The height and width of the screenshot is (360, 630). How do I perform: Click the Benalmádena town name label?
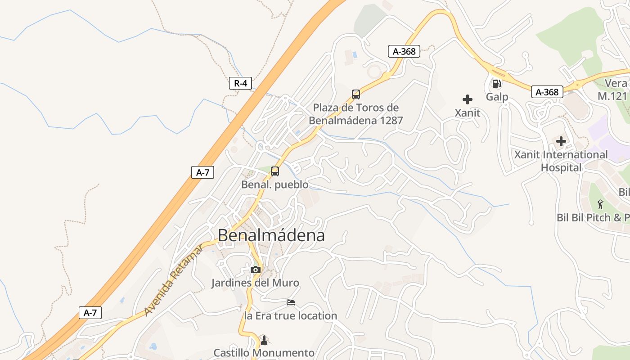[271, 235]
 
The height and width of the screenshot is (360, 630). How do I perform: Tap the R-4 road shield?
[240, 83]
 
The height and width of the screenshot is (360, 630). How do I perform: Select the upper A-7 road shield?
[202, 172]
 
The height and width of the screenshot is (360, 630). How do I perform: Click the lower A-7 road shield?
[90, 313]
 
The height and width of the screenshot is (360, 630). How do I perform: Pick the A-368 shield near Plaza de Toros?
[404, 51]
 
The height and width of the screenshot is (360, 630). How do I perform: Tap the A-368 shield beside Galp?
[547, 92]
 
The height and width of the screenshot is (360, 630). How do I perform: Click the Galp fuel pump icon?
[497, 84]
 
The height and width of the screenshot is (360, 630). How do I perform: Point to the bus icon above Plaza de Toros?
[356, 94]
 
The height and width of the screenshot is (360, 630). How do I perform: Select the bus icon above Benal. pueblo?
[275, 171]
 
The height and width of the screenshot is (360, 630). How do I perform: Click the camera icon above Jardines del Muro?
[256, 270]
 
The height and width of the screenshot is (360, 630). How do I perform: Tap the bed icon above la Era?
[291, 302]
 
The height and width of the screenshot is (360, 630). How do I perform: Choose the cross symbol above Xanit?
[468, 99]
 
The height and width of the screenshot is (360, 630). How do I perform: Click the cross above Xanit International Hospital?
[561, 142]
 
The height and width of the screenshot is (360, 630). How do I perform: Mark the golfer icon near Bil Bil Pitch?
[600, 204]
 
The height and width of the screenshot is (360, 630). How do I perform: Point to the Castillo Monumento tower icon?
[264, 339]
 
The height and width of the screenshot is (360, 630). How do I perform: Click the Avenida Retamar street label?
[174, 280]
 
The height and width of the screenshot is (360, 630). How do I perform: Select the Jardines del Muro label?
[255, 283]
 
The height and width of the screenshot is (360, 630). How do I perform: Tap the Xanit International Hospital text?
[561, 161]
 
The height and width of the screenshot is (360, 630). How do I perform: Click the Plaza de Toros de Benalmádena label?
[355, 114]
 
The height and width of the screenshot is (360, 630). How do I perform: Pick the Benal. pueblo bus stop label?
[275, 184]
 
